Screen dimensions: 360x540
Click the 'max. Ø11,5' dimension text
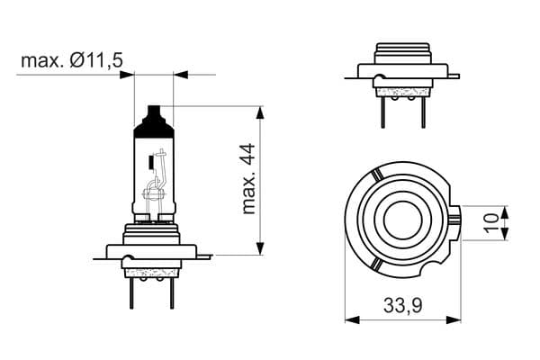71,60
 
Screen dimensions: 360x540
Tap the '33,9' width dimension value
402,306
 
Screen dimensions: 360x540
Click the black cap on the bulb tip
150,122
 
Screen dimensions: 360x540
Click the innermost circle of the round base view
400,220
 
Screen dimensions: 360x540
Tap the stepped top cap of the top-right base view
402,50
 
